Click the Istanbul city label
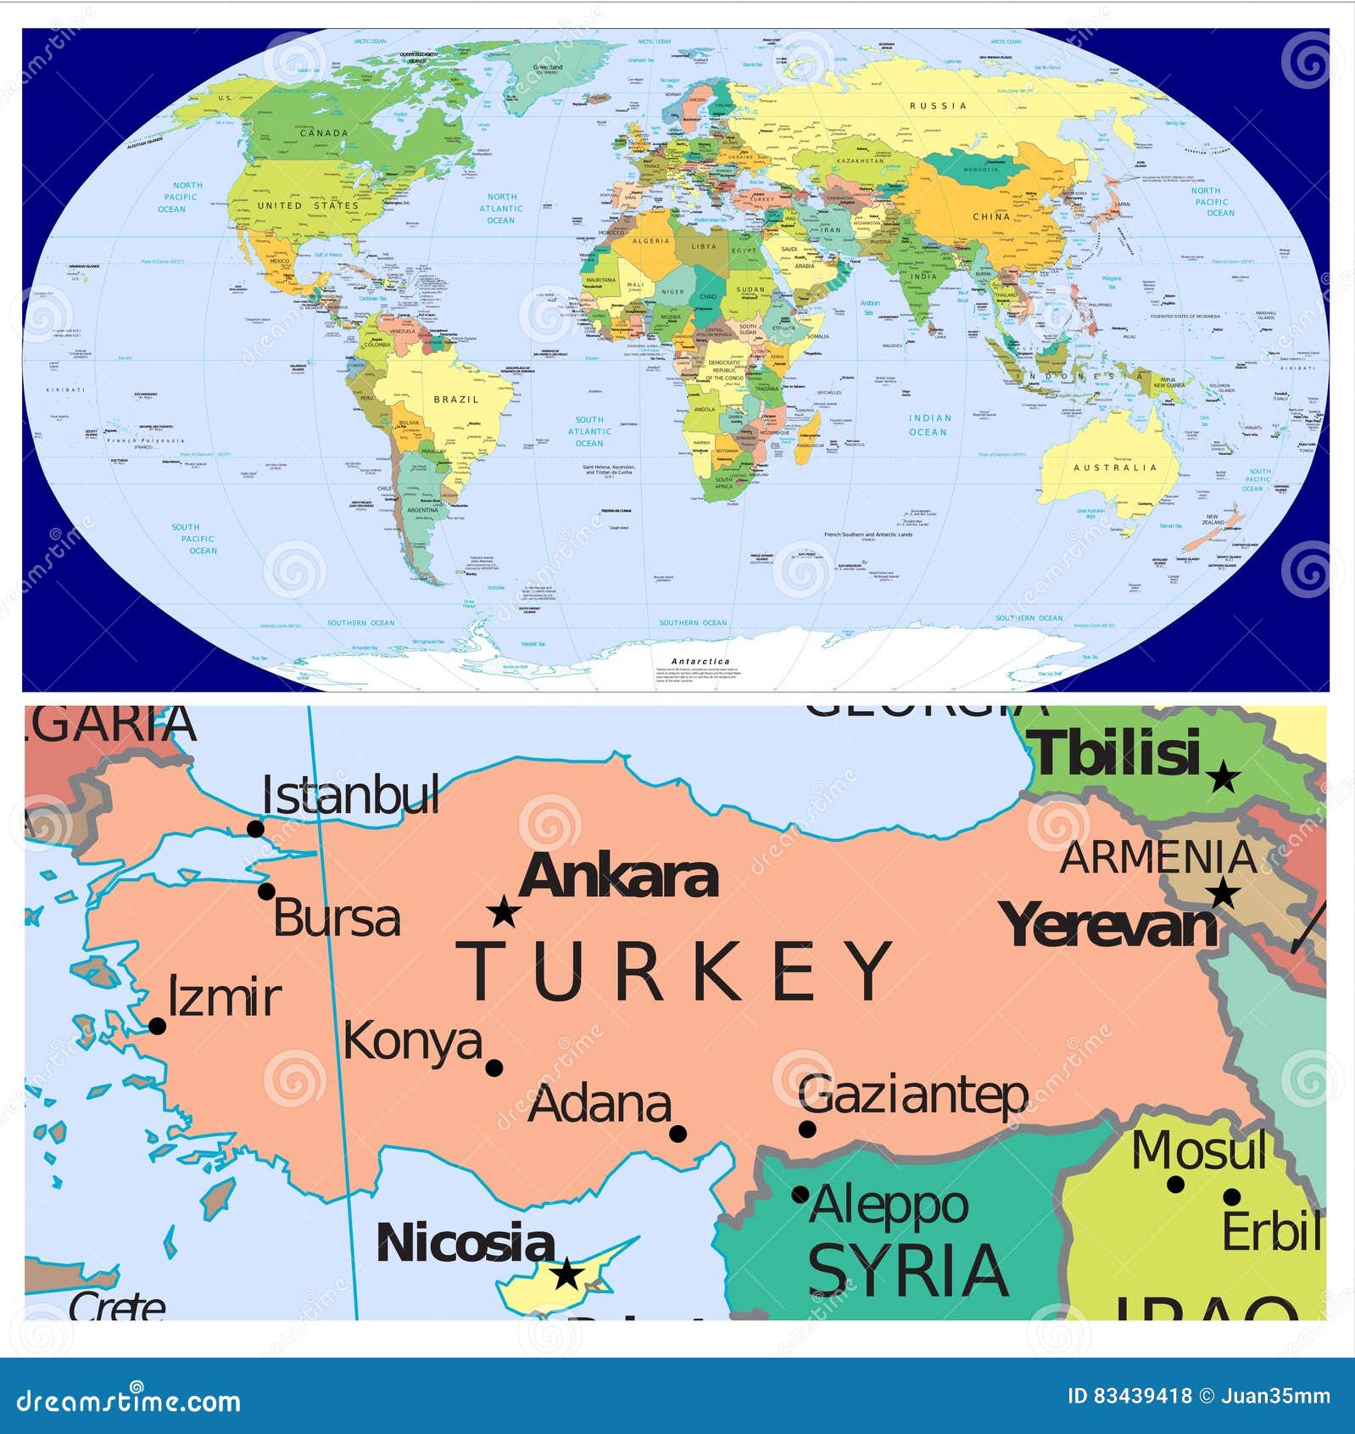[350, 796]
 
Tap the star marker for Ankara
[504, 912]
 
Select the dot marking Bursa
[266, 891]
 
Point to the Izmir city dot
[157, 1026]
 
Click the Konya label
[412, 1043]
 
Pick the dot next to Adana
[677, 1134]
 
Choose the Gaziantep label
[913, 1095]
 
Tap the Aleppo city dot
[800, 1195]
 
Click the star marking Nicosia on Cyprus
[567, 1273]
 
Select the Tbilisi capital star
[1223, 776]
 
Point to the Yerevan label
[1109, 926]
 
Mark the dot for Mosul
[1175, 1185]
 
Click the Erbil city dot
[1231, 1197]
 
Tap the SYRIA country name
[908, 1270]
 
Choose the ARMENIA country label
[1157, 857]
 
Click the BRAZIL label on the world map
[456, 400]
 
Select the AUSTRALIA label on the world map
[1115, 468]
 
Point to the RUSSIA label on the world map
[938, 106]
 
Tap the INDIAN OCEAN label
[929, 425]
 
